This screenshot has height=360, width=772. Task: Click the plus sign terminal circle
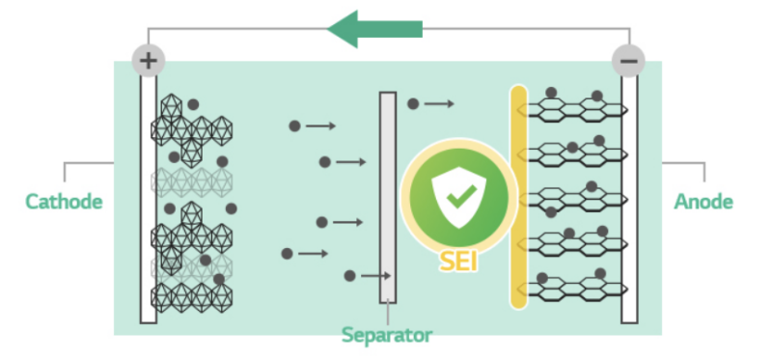(x=148, y=61)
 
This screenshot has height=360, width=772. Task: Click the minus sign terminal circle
(x=628, y=61)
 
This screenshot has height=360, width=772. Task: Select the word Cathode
(x=64, y=202)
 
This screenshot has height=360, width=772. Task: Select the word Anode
(x=703, y=202)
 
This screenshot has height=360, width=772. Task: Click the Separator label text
(x=386, y=335)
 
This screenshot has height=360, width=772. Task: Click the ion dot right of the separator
(x=413, y=103)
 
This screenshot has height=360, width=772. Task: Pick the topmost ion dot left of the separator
(x=294, y=125)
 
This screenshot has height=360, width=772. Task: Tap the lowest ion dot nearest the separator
(x=349, y=276)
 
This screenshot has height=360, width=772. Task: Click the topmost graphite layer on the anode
(x=574, y=108)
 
